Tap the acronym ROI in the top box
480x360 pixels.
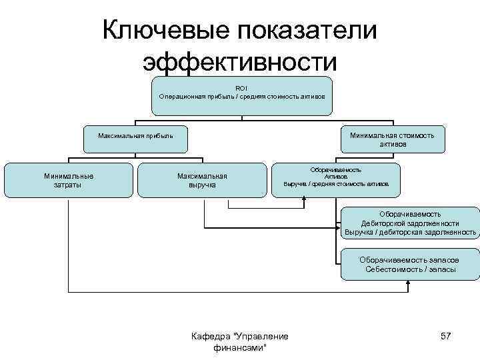(241, 88)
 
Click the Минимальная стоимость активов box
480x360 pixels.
(392, 139)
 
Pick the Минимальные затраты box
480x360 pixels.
(69, 180)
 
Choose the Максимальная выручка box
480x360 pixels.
(202, 180)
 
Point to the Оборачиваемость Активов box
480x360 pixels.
(336, 177)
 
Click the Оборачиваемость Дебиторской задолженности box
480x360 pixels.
(410, 223)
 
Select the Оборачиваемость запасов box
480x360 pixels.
(410, 264)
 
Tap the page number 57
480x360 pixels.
(445, 336)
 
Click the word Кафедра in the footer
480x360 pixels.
(208, 336)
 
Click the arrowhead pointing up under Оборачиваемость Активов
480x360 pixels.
(304, 199)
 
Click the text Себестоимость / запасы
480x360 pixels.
(411, 269)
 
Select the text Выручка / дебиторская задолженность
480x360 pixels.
(410, 233)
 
